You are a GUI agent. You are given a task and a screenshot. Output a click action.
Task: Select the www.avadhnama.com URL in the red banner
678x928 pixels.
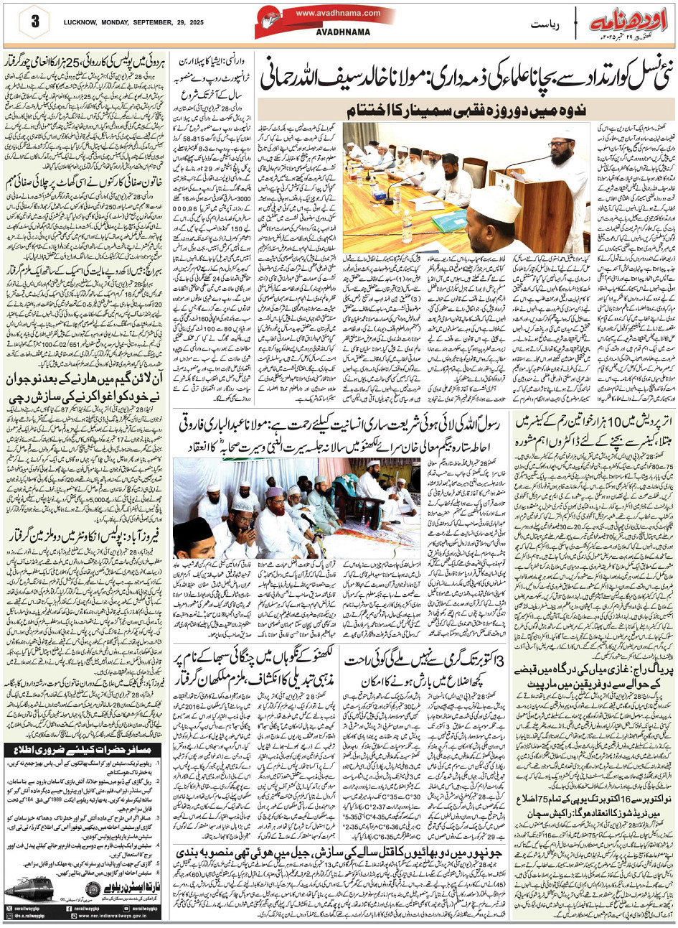pos(338,13)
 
